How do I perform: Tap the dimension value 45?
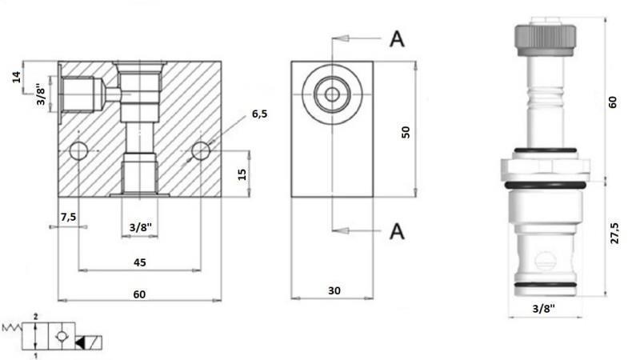point(139,262)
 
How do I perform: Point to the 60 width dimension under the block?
point(139,294)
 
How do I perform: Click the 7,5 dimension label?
point(68,218)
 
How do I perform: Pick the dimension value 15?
point(242,173)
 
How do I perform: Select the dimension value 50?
point(406,132)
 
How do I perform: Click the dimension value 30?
point(333,292)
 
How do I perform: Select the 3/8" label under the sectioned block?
point(140,228)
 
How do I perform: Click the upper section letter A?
point(396,39)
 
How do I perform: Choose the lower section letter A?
point(396,231)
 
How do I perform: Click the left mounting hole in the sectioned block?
point(78,150)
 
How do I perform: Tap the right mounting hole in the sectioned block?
point(201,150)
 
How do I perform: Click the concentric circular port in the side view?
point(331,95)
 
